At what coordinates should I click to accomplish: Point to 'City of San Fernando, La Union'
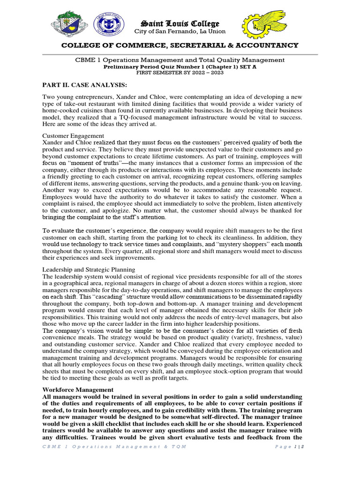(180, 32)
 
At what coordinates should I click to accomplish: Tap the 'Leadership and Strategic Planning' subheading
(89, 270)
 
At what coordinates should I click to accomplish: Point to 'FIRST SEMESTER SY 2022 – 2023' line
(180, 73)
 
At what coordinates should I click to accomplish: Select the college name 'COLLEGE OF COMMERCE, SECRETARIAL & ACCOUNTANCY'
(180, 45)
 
